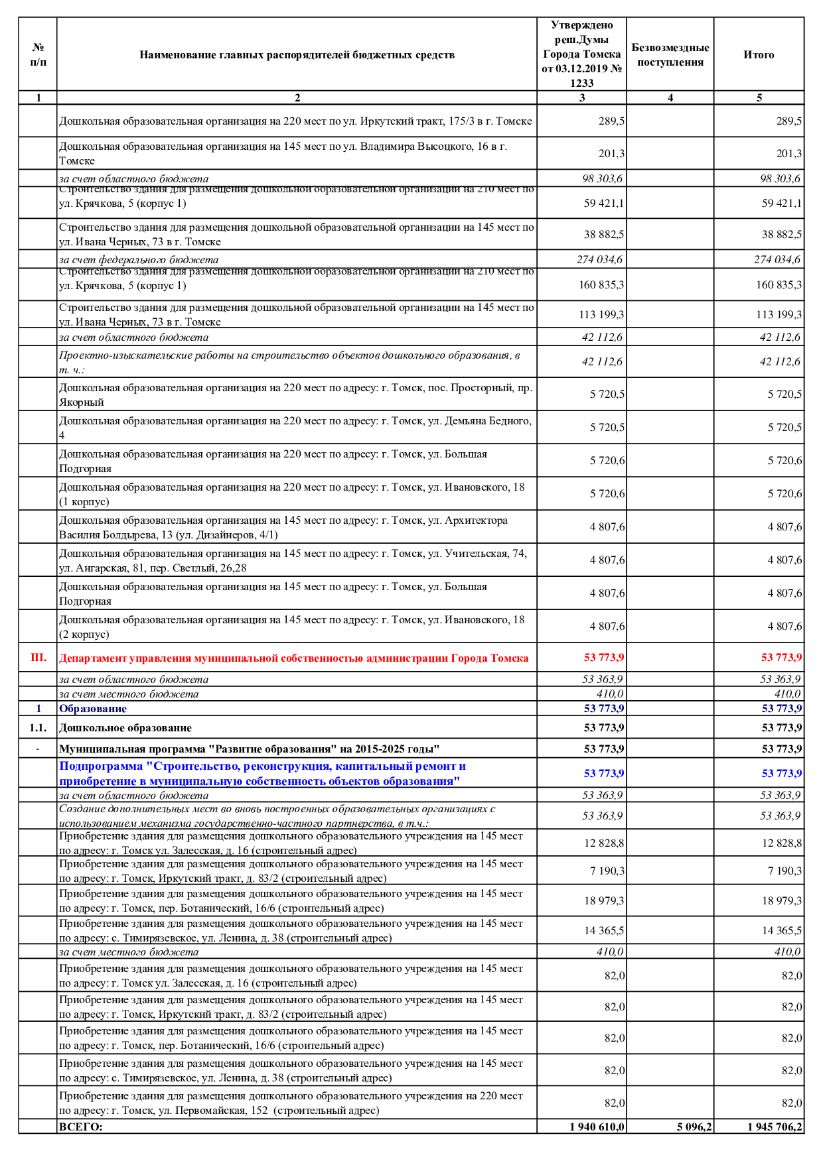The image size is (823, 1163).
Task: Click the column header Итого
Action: click(x=759, y=55)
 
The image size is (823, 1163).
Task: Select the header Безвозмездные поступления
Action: click(x=670, y=55)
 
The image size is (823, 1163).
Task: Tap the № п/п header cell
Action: click(x=38, y=55)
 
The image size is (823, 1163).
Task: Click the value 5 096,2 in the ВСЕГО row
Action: click(x=694, y=1127)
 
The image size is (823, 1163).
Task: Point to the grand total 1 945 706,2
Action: click(x=774, y=1127)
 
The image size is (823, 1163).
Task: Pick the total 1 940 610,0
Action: click(x=597, y=1127)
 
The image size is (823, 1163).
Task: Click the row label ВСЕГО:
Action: click(x=81, y=1127)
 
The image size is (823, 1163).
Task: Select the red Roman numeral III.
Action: click(x=38, y=658)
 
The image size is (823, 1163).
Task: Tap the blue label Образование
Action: click(x=93, y=709)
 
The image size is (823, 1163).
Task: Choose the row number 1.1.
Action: click(x=38, y=728)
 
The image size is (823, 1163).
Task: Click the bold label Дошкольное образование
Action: click(x=125, y=728)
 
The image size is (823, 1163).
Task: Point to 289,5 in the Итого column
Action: click(x=788, y=121)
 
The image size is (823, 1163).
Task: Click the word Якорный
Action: click(x=82, y=402)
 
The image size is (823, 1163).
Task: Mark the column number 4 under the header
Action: click(x=670, y=98)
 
